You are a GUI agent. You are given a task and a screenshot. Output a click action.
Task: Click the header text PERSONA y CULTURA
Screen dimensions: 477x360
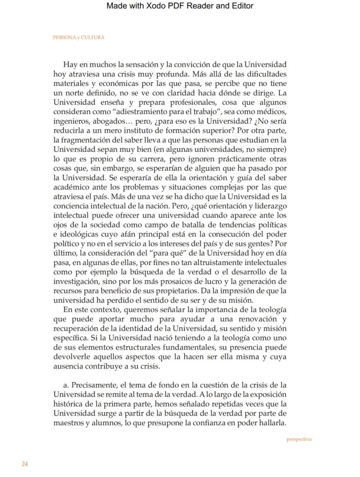click(x=79, y=37)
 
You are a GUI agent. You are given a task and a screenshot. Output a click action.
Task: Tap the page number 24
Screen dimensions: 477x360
click(x=25, y=464)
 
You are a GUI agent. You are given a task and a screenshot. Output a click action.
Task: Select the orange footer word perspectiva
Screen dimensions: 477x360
click(x=299, y=439)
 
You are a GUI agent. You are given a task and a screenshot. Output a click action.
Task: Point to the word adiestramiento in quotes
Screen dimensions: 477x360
click(x=147, y=112)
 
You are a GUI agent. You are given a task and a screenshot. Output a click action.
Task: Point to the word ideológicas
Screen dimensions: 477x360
click(x=79, y=235)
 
